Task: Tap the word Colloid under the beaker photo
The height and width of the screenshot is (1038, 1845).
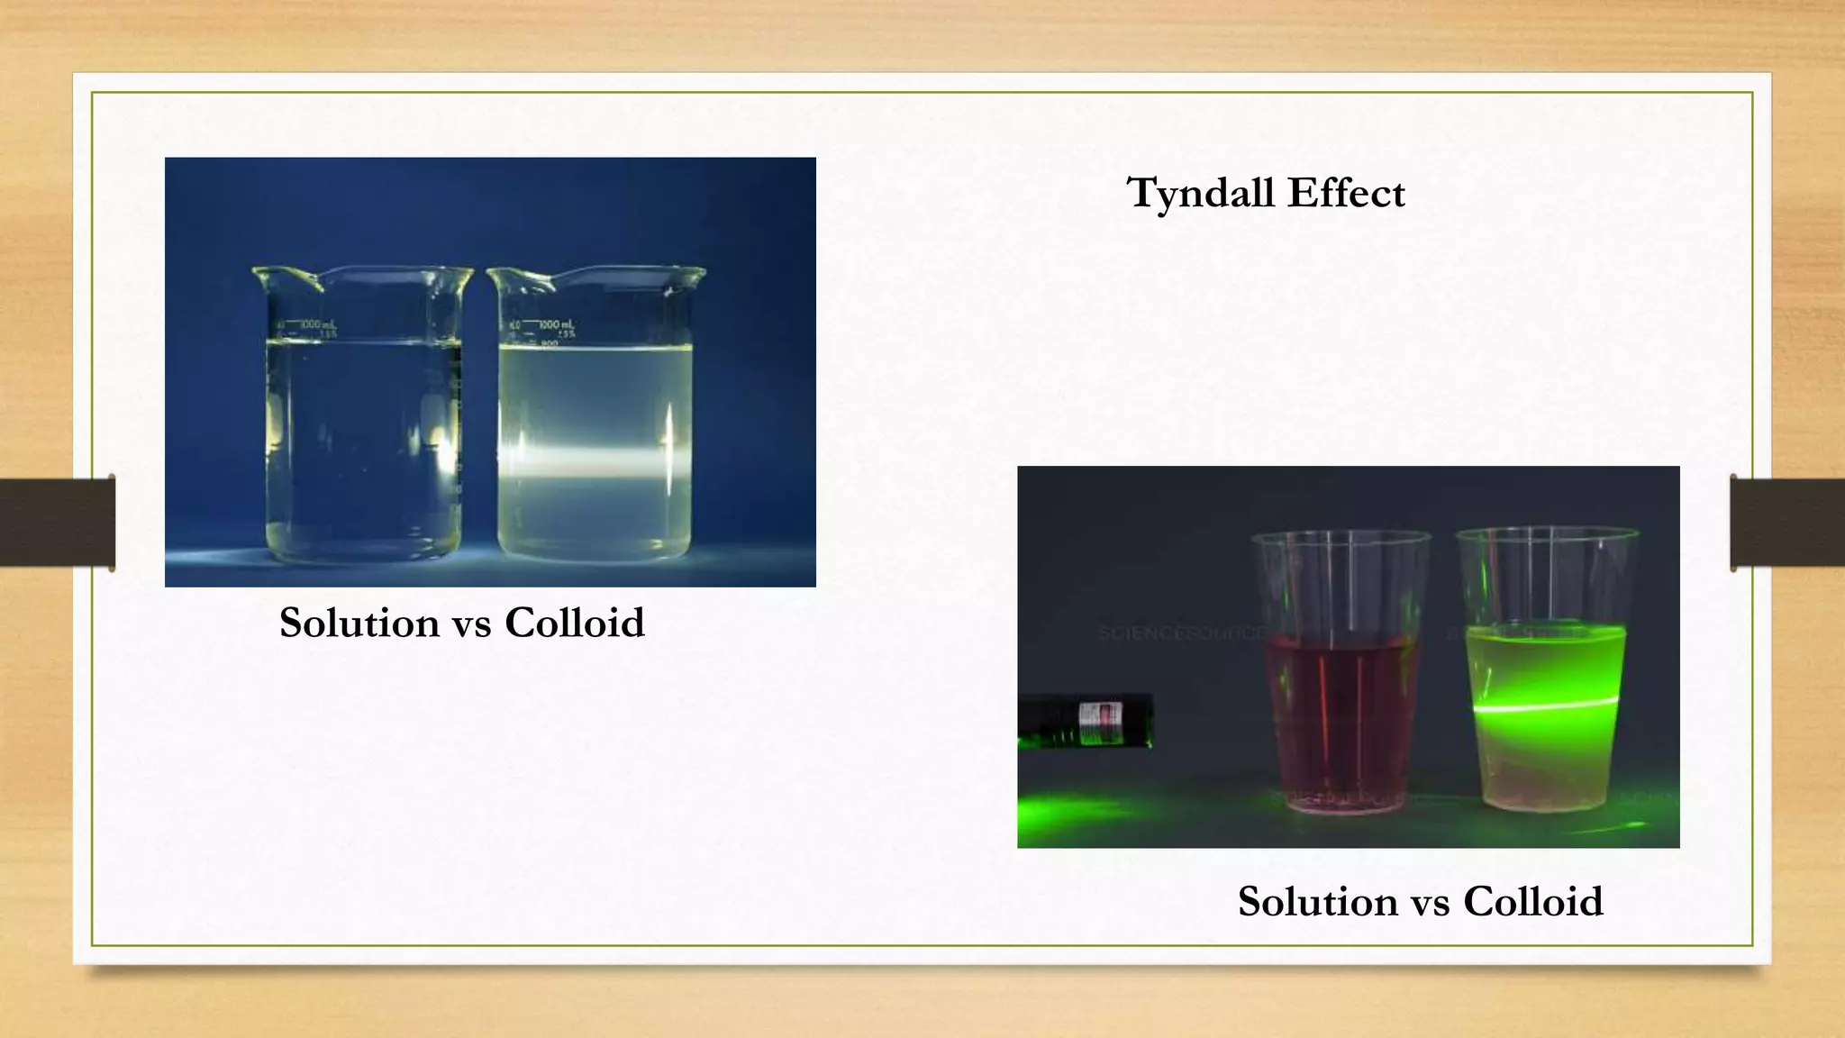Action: pos(574,623)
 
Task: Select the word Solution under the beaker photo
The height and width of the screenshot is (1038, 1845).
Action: pos(359,623)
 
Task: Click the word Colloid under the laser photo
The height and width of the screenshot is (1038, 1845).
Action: pos(1532,901)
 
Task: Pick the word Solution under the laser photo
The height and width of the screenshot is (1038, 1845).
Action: pos(1317,901)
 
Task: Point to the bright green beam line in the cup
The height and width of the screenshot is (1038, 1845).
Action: pos(1545,706)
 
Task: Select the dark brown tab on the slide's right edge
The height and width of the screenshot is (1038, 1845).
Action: pos(1787,523)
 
